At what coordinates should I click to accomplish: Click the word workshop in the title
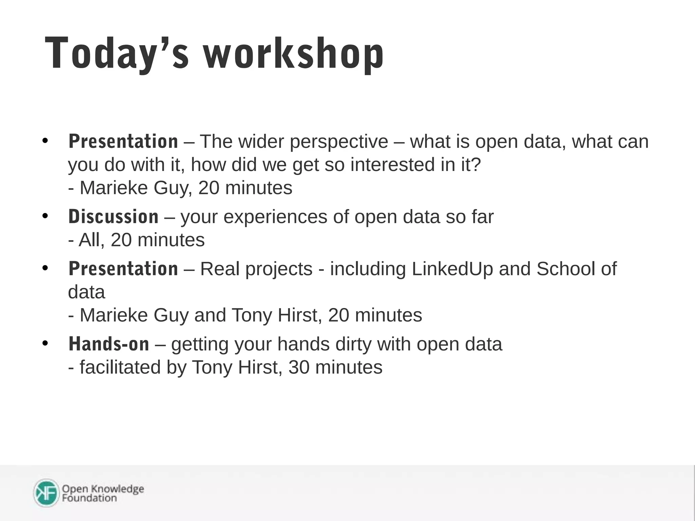tap(294, 54)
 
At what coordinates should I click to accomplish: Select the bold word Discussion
tap(113, 217)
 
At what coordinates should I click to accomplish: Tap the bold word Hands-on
tap(109, 344)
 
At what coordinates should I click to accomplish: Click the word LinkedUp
tap(452, 269)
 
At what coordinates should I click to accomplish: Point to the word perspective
tap(339, 142)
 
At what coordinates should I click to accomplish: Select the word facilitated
tap(120, 367)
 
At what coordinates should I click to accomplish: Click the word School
tap(566, 269)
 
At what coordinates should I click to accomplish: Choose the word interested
tap(393, 165)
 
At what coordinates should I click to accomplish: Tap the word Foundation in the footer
tap(89, 498)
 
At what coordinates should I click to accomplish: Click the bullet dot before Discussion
tap(45, 216)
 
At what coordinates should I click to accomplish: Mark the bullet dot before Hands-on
tap(45, 343)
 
